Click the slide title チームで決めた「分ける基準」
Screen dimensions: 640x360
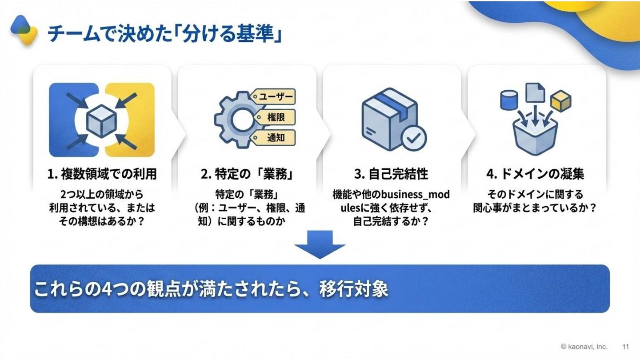pyautogui.click(x=164, y=34)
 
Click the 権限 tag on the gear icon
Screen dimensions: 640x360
pyautogui.click(x=276, y=117)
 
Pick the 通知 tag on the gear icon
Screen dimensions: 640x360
pyautogui.click(x=276, y=138)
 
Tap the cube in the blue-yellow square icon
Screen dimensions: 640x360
pyautogui.click(x=101, y=120)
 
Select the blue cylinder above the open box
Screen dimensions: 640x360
pyautogui.click(x=509, y=100)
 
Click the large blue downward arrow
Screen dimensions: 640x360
pyautogui.click(x=320, y=244)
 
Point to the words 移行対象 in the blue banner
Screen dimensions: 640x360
pyautogui.click(x=354, y=289)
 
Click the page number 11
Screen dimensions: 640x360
pyautogui.click(x=625, y=347)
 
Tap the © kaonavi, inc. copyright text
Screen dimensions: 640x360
pyautogui.click(x=584, y=347)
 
